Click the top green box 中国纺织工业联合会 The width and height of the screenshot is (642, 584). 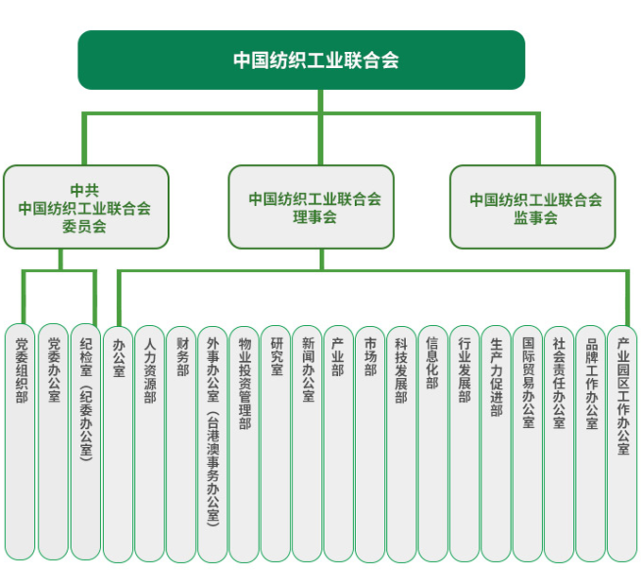tap(301, 60)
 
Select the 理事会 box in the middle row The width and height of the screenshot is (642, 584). tap(312, 207)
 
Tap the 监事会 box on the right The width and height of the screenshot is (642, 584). tap(532, 207)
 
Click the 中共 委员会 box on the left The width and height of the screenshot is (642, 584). tap(86, 207)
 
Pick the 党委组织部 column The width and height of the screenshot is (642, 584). tap(20, 442)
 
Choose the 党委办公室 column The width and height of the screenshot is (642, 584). tap(53, 442)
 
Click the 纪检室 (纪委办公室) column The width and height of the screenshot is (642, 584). tap(86, 442)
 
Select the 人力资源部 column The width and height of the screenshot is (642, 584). tap(149, 444)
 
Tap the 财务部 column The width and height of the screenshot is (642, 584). tap(181, 444)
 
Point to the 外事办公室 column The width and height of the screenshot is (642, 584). tap(212, 444)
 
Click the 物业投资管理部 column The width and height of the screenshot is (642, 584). tap(244, 444)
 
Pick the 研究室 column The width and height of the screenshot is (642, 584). tap(276, 444)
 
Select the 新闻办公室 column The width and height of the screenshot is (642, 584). tap(307, 444)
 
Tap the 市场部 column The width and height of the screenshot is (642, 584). tap(370, 444)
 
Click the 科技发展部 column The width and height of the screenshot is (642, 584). tap(401, 444)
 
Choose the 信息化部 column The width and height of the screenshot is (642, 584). tap(432, 444)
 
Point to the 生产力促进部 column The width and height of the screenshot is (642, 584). tap(496, 444)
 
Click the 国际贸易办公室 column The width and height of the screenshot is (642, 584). tap(528, 444)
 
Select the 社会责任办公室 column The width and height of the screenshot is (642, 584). tap(559, 444)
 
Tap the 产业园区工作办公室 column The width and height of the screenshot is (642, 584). tap(622, 444)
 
